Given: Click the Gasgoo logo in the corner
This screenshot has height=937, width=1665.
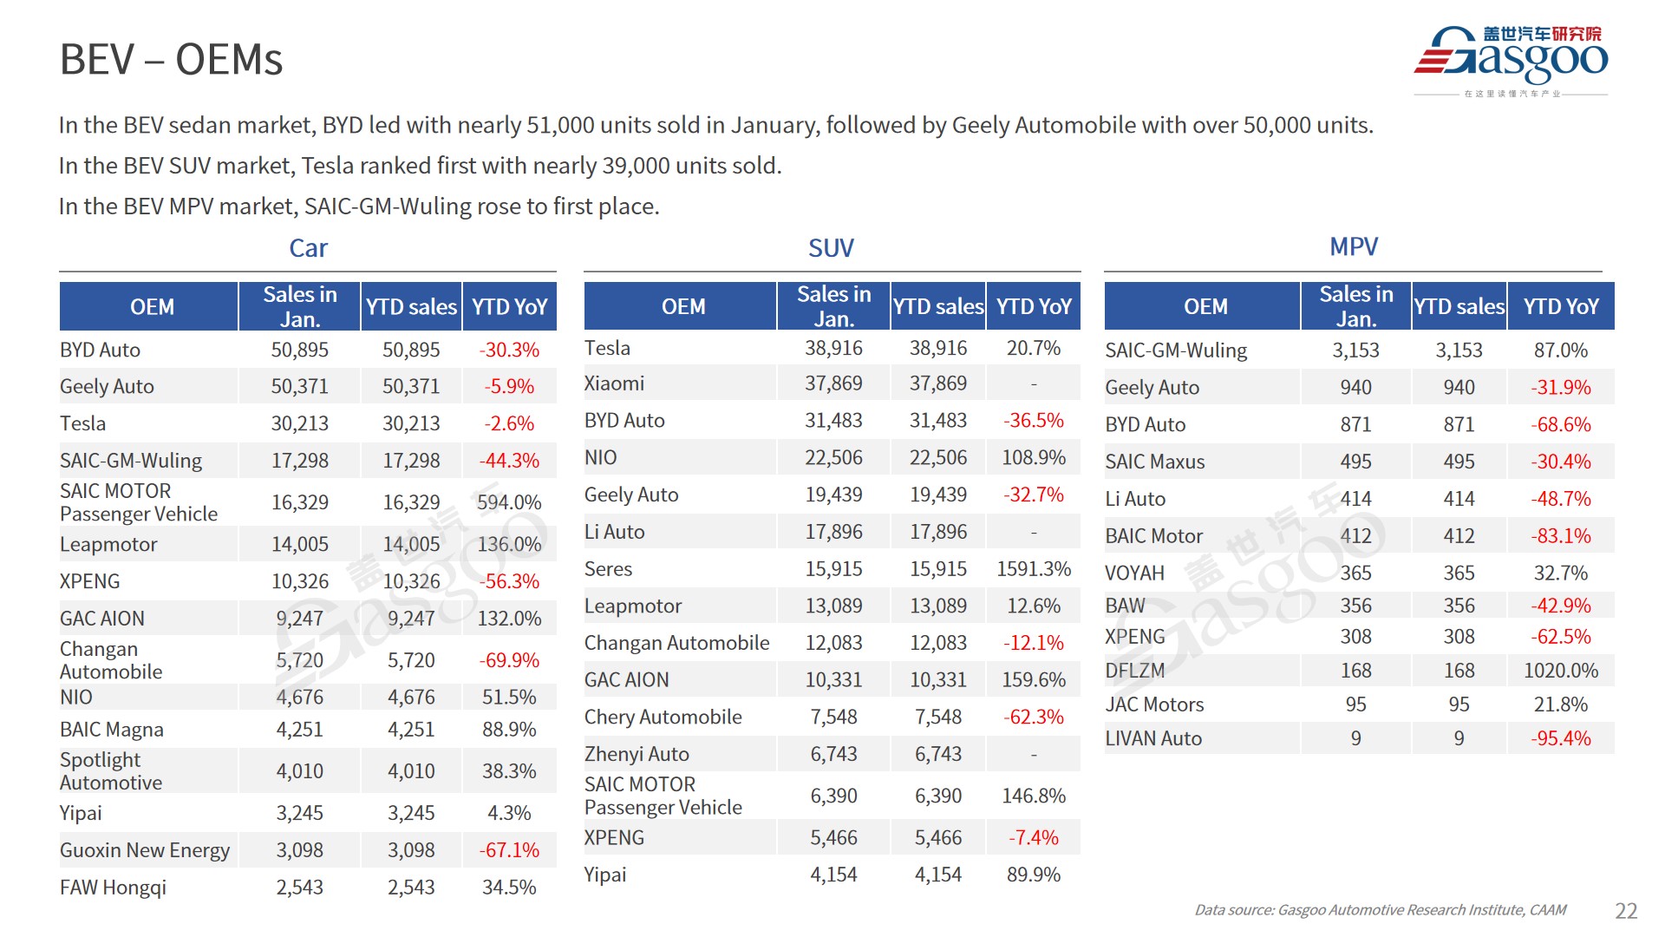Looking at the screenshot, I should (1511, 59).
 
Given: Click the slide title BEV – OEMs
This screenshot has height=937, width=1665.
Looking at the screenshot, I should (171, 60).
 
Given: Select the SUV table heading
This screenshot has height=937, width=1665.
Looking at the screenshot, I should (831, 248).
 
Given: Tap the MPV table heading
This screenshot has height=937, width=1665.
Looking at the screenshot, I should (1353, 246).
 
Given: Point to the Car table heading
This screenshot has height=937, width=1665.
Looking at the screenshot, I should (308, 248).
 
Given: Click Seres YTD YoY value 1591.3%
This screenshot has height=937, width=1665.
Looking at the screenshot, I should (1034, 569).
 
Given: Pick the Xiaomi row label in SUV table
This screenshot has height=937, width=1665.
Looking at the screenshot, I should (614, 383).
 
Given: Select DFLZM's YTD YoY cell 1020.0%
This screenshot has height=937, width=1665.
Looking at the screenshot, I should (1560, 671).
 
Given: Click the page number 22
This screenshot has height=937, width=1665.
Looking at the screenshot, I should (1626, 910).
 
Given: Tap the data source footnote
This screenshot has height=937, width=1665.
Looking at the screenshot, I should (1380, 910).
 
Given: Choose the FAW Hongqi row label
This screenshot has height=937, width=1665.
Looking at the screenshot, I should (113, 888).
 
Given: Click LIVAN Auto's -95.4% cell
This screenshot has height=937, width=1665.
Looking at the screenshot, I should (1560, 738).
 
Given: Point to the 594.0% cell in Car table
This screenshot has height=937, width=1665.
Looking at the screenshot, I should (509, 502).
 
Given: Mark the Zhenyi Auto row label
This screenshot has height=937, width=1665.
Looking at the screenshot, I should (637, 754).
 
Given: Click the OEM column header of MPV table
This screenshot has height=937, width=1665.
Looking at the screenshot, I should (1205, 306).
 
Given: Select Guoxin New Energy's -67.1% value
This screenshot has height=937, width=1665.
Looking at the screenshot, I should (509, 850).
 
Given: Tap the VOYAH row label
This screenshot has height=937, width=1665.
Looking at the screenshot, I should (1134, 573).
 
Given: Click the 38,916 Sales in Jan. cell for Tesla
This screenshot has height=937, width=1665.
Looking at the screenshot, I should (833, 348).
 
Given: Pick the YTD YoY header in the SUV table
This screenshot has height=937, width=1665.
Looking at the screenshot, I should (1034, 306).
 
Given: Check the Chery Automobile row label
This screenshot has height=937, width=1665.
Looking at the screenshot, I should (663, 717).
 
